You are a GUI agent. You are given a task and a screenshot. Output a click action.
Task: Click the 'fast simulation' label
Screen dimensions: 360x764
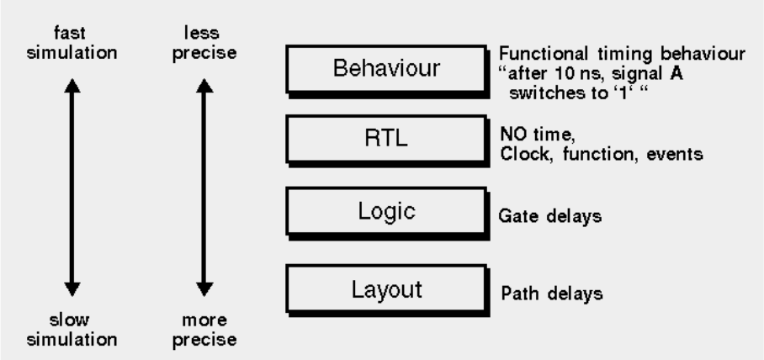pos(72,45)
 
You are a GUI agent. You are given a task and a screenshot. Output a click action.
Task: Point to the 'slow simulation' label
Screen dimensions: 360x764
pos(72,330)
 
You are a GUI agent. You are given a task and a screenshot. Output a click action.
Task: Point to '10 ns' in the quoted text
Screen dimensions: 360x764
pos(577,71)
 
